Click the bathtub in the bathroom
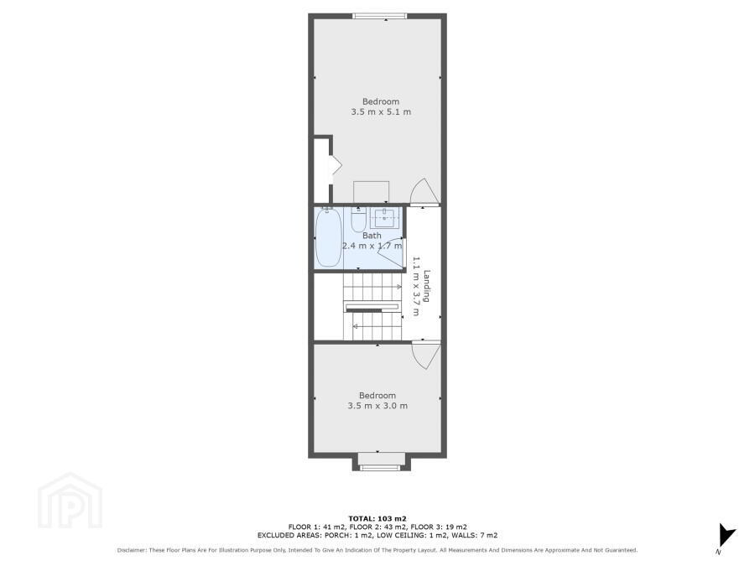[329, 237]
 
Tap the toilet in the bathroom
[358, 220]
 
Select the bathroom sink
[384, 219]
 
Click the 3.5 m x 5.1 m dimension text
[381, 112]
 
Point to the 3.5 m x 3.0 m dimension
[377, 406]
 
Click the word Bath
[372, 236]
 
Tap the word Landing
[427, 286]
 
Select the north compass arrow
[727, 536]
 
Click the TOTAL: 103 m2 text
[377, 518]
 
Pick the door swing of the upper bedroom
[424, 191]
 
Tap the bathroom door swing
[392, 252]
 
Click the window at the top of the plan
[380, 17]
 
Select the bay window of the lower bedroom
[380, 467]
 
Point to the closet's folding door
[336, 165]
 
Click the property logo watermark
[70, 501]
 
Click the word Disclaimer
[132, 550]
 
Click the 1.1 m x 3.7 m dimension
[416, 286]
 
